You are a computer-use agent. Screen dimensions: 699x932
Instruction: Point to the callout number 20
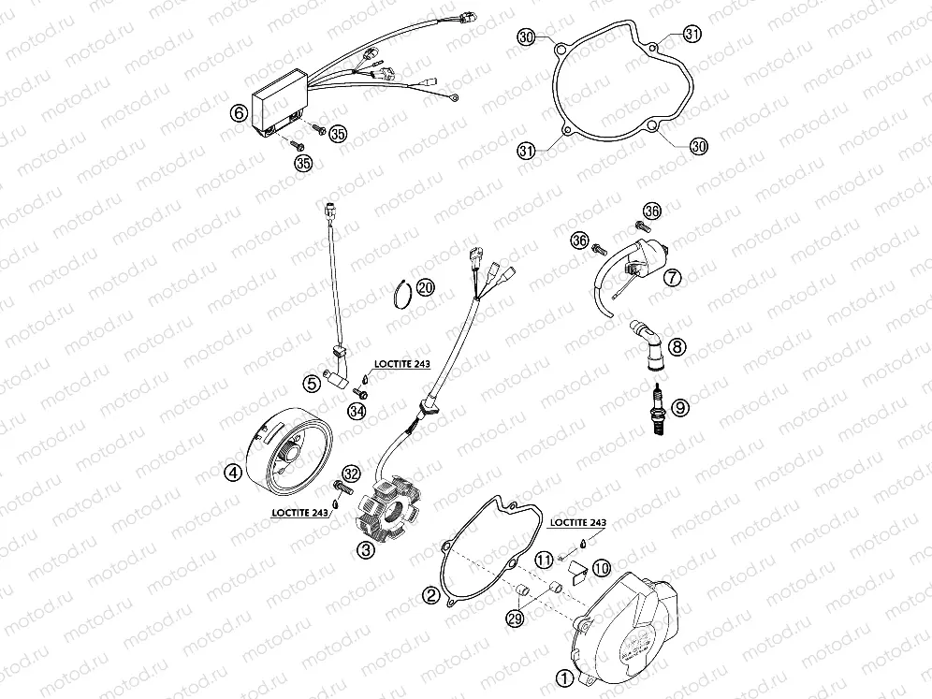click(426, 287)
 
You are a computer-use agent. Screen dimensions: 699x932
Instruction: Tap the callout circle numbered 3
click(367, 551)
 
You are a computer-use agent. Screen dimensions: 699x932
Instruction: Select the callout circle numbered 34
click(357, 411)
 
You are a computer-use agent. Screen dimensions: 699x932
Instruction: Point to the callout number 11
click(544, 560)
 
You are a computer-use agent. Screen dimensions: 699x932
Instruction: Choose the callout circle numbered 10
click(601, 567)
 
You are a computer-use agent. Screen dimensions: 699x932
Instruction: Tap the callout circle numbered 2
click(431, 594)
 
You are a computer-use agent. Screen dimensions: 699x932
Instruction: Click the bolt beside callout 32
click(342, 486)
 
